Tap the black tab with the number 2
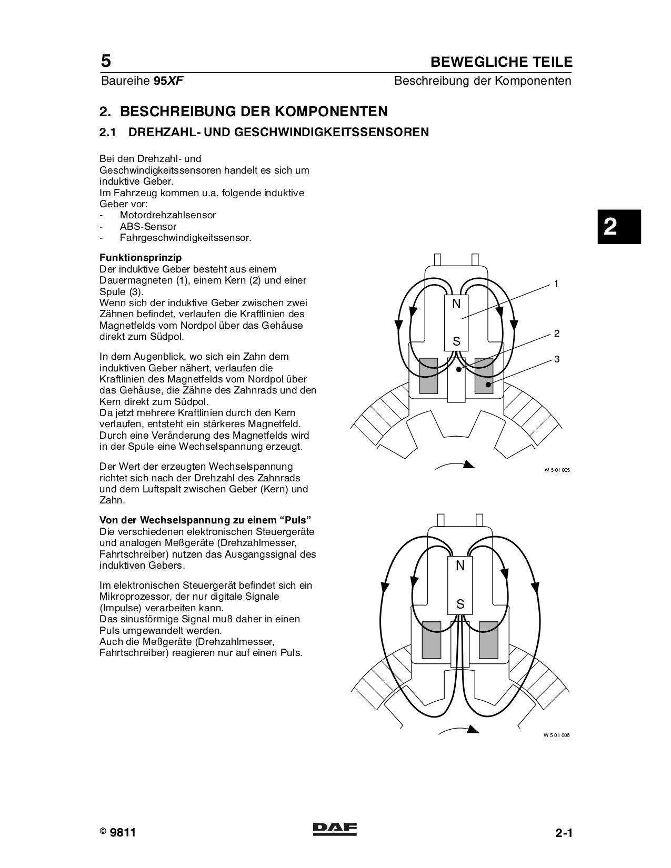point(619,227)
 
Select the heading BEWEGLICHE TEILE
point(501,62)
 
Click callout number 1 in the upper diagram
point(556,284)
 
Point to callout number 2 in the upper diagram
point(556,334)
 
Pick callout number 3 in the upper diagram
point(556,359)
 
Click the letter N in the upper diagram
point(456,304)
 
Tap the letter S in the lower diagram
point(460,604)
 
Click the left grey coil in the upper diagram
point(428,376)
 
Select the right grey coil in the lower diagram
point(488,640)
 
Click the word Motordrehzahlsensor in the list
point(167,215)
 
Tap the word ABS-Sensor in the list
point(148,227)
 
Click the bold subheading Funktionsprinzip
point(141,258)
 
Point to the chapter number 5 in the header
point(106,62)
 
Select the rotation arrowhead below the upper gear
point(468,464)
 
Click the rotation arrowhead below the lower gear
point(472,729)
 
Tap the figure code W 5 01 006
point(556,735)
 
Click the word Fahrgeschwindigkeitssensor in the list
point(185,238)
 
